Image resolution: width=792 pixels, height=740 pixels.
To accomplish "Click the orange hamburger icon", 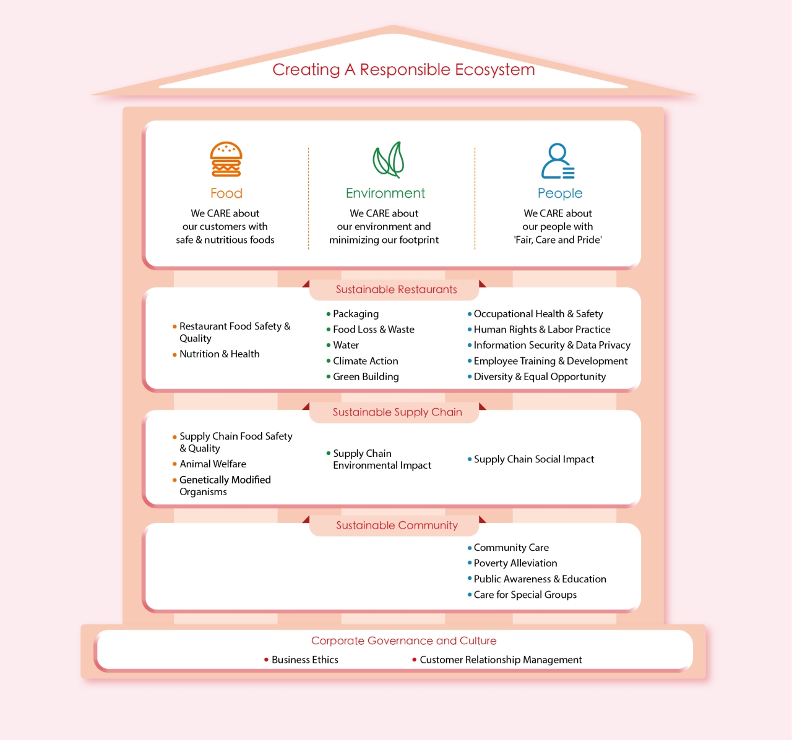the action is point(226,159).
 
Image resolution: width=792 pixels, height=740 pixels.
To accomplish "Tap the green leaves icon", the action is point(389,159).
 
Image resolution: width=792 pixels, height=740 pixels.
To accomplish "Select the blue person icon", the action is point(557,161).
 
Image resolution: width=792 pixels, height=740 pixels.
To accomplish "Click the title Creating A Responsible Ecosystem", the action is point(403,70).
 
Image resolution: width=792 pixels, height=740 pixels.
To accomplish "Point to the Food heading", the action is point(226,194).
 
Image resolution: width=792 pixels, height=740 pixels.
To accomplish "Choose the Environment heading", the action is point(385,194).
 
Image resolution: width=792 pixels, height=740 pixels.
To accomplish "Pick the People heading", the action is point(560,194).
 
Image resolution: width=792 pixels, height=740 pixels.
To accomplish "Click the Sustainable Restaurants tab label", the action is point(396,289).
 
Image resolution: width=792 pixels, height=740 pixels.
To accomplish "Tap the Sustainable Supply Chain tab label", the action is point(397,412).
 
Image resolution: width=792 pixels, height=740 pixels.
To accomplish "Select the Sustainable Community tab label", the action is point(397,525).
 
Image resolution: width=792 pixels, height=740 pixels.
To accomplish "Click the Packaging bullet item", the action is point(353,314).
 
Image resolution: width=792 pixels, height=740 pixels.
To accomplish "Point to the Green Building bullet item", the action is point(363,376).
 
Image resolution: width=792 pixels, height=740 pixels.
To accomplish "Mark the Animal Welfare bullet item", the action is point(209,464).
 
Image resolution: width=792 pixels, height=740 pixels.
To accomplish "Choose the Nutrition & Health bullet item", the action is point(216,354).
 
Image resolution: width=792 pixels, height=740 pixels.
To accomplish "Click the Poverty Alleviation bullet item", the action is point(512,563).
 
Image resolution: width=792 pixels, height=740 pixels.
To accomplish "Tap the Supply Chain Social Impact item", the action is point(531,459).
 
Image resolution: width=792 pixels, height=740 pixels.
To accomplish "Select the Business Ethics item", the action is point(301,660).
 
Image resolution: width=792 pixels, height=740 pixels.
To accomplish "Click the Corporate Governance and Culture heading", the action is point(403,640).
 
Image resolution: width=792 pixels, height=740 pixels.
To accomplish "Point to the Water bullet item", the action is point(343,345).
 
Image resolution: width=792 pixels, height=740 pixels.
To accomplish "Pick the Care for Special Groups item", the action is point(522,595).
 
